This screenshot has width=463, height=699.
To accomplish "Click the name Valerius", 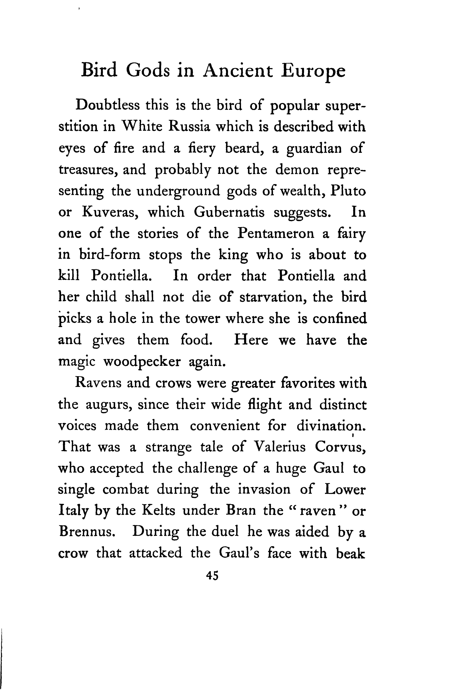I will tap(280, 447).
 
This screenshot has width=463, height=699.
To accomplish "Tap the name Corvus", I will tap(340, 447).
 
